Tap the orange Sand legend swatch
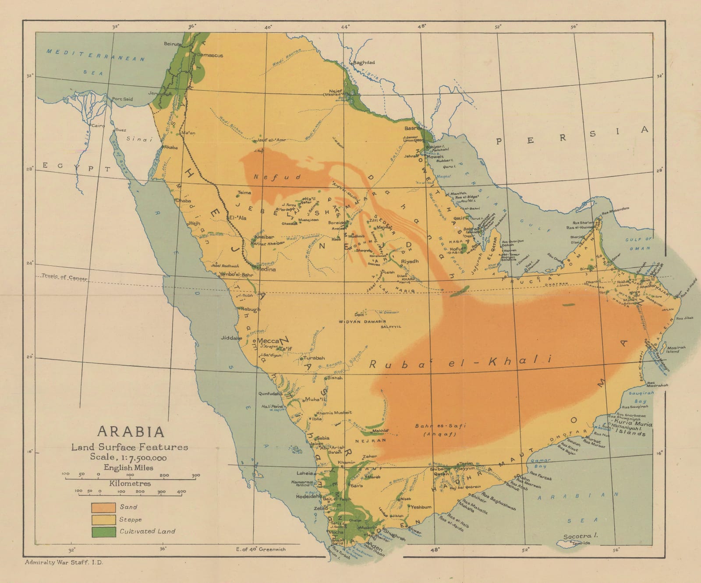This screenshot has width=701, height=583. coord(103,507)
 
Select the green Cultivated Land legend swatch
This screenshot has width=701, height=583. coord(103,532)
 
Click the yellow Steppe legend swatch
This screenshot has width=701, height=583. coord(103,519)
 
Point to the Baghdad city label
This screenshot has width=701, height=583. coord(364,63)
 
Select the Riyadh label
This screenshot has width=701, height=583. coord(410,261)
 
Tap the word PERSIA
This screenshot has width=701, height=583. coord(571,137)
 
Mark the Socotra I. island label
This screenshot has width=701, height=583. coord(577,536)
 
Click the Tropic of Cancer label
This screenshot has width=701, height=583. coord(64,277)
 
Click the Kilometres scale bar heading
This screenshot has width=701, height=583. coord(130,484)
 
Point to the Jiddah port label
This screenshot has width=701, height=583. coord(231,338)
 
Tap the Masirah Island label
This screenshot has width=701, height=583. coord(673,349)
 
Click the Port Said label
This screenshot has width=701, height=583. coord(122,99)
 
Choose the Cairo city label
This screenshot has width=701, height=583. coord(98,126)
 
